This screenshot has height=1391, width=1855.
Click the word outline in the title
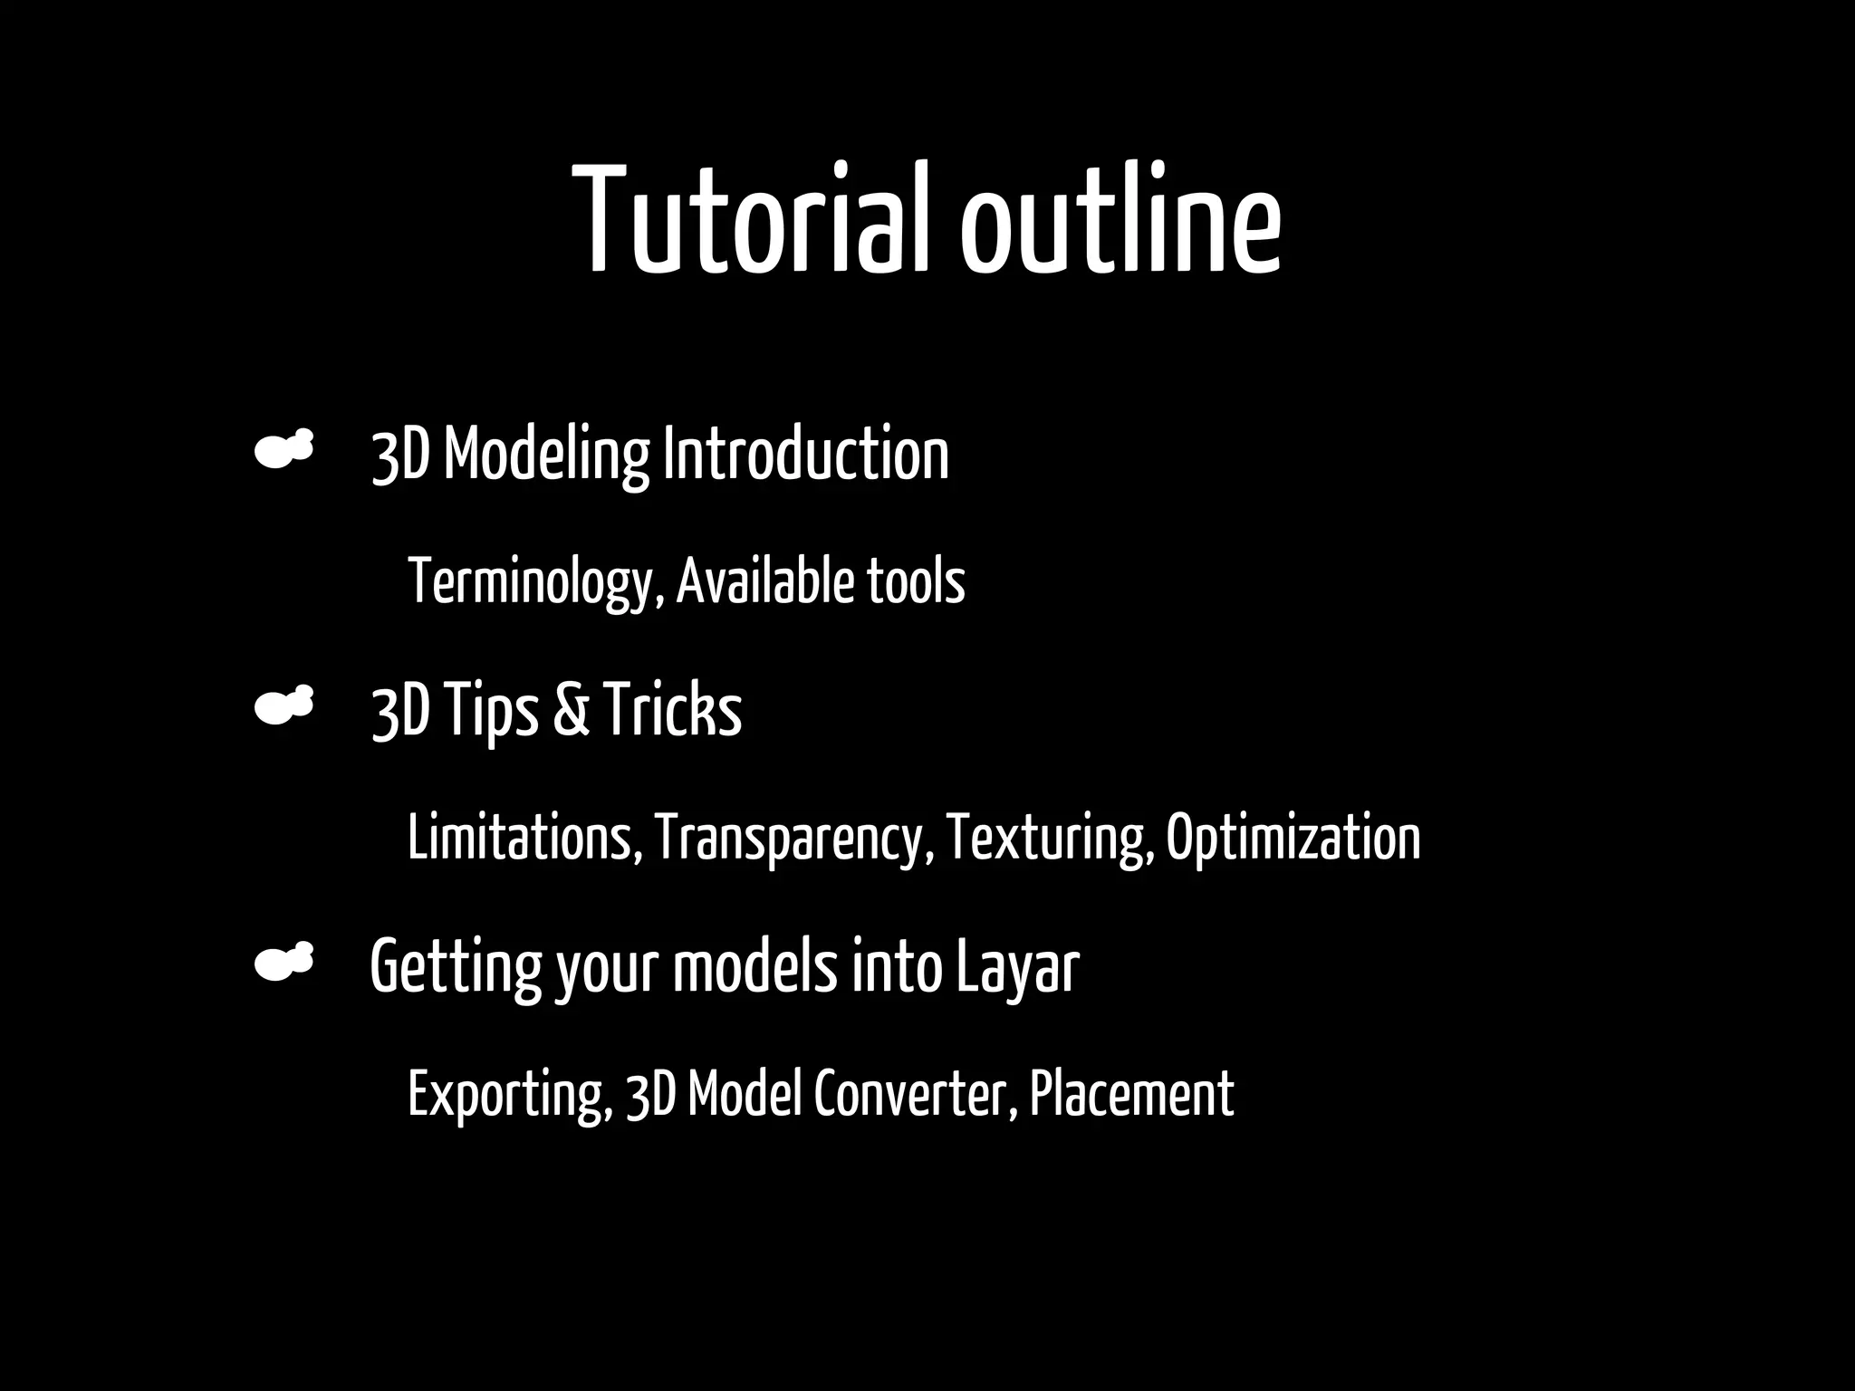coord(1120,219)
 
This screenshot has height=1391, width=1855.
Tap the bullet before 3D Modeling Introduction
coord(284,449)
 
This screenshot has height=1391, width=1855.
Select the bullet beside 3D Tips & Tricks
coord(284,705)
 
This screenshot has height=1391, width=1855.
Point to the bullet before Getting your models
coord(284,962)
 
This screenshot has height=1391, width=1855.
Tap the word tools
coord(916,582)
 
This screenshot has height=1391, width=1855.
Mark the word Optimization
coord(1293,839)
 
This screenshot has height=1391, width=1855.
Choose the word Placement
coord(1131,1095)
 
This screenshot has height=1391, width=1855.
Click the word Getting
coord(456,967)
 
